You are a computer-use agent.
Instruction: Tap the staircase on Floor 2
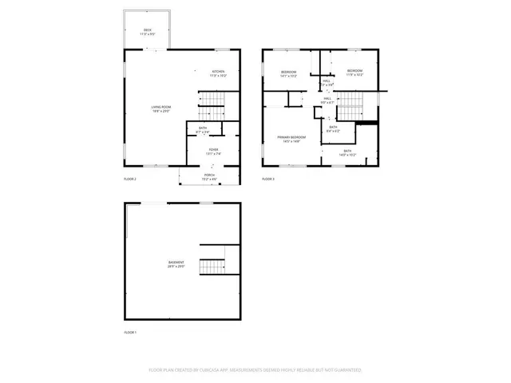coord(211,101)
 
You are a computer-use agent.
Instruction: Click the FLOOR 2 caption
coord(130,179)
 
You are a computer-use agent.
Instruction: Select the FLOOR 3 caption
coord(268,179)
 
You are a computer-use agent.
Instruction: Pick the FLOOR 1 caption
coord(130,331)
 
